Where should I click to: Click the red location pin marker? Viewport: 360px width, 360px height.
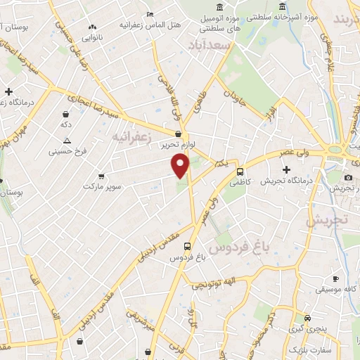(181, 165)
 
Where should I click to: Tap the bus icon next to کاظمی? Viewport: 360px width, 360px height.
(240, 172)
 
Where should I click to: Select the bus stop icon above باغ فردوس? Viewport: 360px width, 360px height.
(187, 247)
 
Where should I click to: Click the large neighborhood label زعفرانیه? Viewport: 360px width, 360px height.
(132, 138)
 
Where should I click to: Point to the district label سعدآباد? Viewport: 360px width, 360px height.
(210, 44)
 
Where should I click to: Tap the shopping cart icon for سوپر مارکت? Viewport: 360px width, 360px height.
(102, 176)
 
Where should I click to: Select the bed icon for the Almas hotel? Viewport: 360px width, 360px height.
(149, 14)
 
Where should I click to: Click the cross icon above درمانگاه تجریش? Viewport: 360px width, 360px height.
(285, 169)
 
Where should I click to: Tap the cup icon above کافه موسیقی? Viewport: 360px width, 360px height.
(335, 278)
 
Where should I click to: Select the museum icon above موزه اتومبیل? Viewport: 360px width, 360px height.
(221, 7)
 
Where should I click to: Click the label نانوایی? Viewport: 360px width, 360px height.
(91, 37)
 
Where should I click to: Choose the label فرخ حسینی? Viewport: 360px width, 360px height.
(66, 150)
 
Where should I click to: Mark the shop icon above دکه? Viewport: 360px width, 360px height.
(66, 114)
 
